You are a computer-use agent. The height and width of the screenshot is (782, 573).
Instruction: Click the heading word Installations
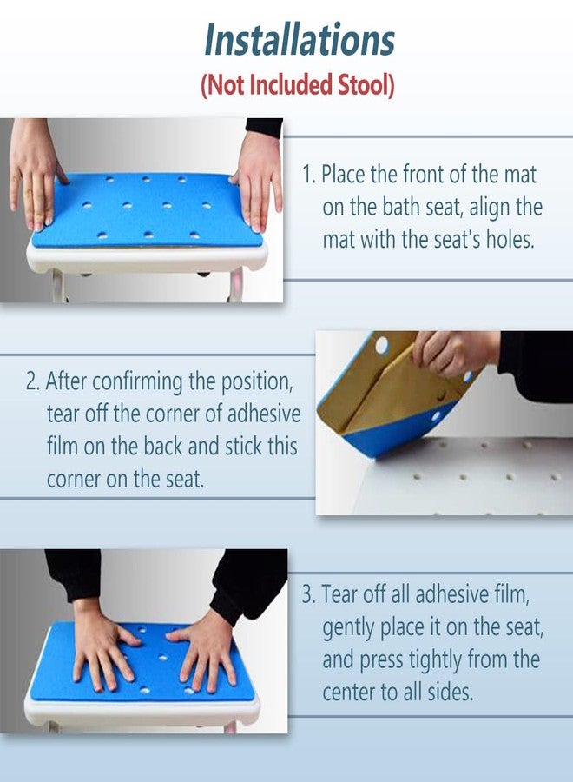(300, 39)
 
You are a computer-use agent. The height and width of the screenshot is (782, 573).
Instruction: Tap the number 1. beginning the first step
(309, 175)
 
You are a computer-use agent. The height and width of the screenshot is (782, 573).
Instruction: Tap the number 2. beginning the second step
(33, 381)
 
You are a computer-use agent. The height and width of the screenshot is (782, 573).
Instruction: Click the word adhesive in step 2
(264, 414)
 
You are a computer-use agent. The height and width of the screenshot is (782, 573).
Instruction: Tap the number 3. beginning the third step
(309, 594)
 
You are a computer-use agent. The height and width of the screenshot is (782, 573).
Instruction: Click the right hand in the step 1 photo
(258, 181)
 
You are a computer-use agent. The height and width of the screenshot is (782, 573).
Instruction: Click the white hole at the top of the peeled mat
(382, 345)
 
